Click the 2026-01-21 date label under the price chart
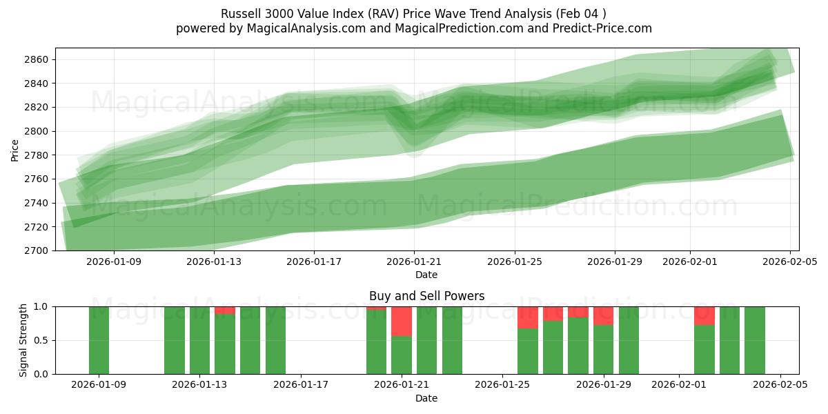click(414, 262)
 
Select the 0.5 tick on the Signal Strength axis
click(41, 340)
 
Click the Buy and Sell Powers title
click(426, 296)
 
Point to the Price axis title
click(15, 150)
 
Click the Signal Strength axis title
click(23, 339)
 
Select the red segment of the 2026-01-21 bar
click(402, 321)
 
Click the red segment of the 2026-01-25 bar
click(528, 317)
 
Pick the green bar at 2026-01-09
click(99, 340)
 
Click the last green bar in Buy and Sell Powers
click(755, 340)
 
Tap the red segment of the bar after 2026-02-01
click(704, 315)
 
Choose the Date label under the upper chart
click(426, 275)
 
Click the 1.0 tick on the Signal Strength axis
click(41, 306)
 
